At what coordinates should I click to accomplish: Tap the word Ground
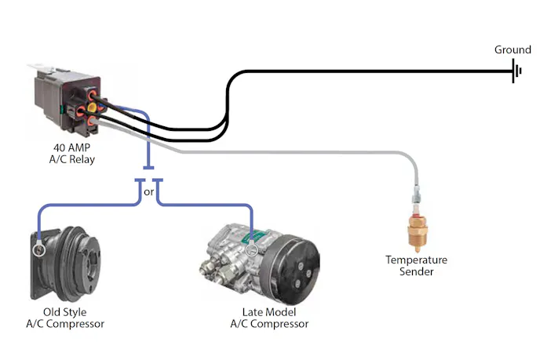click(x=513, y=50)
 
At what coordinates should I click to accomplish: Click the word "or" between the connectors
click(x=148, y=191)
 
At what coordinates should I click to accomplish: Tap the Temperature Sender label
click(x=416, y=266)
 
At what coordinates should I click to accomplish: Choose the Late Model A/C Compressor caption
click(x=269, y=318)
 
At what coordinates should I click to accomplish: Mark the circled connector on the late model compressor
click(x=252, y=251)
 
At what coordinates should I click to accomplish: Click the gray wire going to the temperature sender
click(x=314, y=152)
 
